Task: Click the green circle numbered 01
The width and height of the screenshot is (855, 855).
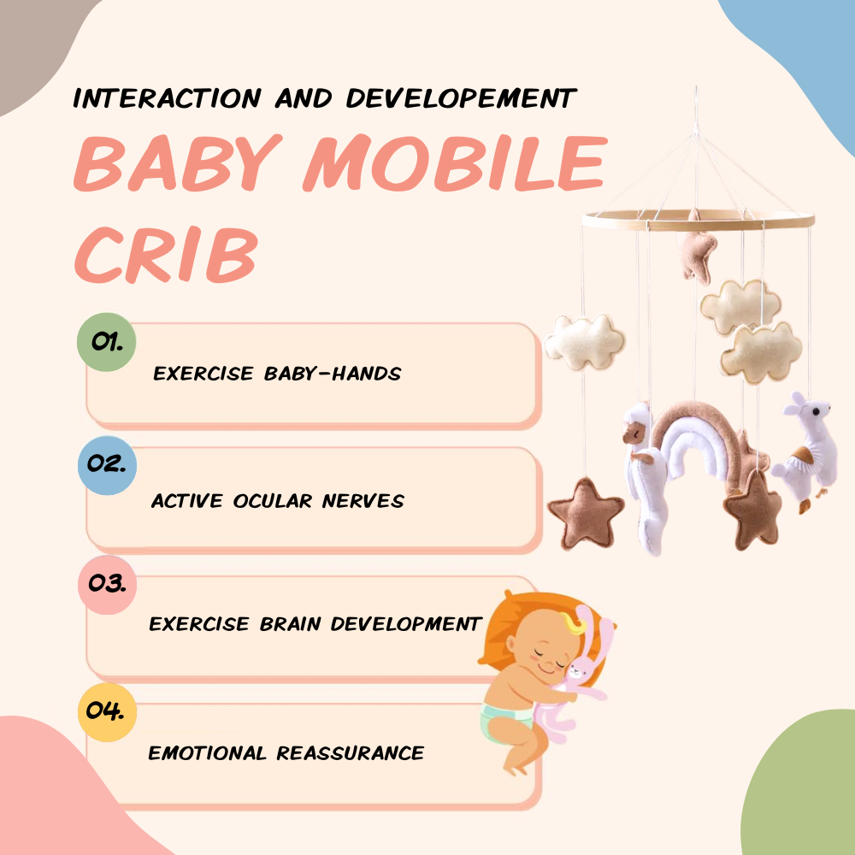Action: coord(106,343)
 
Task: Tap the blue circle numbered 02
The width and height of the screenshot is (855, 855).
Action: coord(106,465)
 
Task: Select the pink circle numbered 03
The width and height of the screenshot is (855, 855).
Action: coord(107,585)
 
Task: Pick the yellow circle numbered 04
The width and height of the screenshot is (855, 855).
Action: coord(107,711)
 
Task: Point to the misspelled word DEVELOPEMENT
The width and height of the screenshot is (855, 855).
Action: coord(461,98)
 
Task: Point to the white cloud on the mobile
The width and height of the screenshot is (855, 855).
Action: coord(585,341)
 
